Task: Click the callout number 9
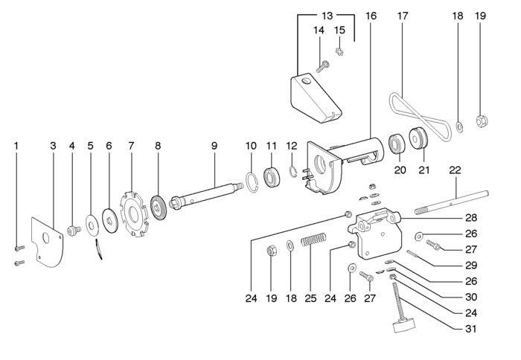click(214, 146)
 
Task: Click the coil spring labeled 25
click(314, 241)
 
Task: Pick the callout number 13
click(327, 15)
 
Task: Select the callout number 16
click(371, 15)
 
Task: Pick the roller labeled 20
click(396, 143)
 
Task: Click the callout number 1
click(16, 146)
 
